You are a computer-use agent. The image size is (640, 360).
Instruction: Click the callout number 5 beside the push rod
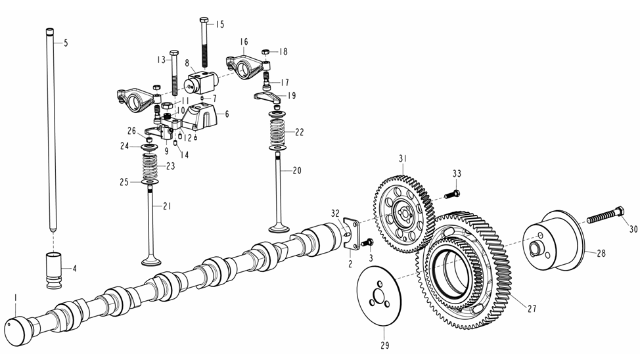click(x=66, y=43)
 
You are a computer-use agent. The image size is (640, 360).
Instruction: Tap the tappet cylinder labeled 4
click(x=55, y=269)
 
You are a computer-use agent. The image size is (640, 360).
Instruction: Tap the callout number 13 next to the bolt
click(x=160, y=60)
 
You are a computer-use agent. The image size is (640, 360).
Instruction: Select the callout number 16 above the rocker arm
click(x=244, y=42)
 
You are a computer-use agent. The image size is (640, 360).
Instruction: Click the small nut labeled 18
click(x=266, y=52)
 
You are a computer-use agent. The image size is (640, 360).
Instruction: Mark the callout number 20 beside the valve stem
click(x=297, y=170)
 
